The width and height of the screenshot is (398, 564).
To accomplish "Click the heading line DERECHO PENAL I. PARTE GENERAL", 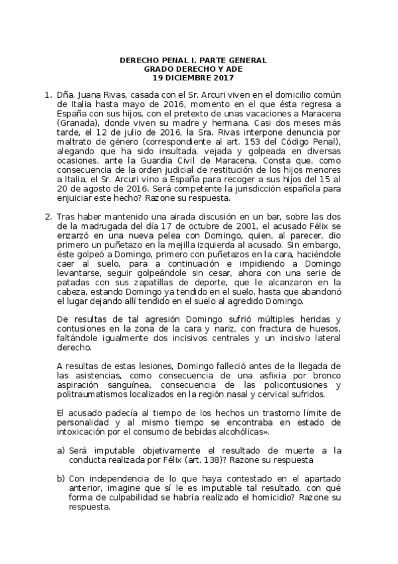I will (x=193, y=61).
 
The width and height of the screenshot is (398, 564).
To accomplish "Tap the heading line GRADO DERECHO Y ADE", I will (x=193, y=69).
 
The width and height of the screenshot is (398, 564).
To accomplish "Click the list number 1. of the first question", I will (x=47, y=96).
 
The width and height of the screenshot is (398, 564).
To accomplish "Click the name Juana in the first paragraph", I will (x=86, y=96).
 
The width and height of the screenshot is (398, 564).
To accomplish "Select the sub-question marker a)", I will (x=60, y=450).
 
